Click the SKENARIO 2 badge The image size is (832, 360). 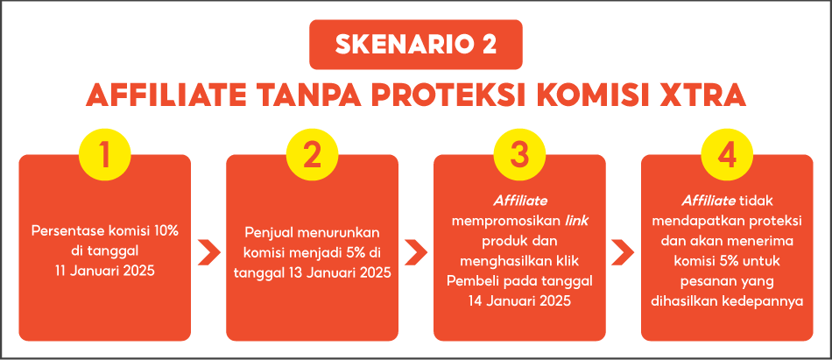coord(416,45)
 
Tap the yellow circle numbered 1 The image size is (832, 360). coord(105,154)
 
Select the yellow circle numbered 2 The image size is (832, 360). coord(312,154)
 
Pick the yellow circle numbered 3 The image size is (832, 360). coord(519,154)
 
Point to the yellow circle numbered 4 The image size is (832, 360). coord(727,154)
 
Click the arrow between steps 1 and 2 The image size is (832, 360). coord(208,252)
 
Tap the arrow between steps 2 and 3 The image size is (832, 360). coord(416,252)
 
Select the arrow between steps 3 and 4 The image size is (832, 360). coord(623,252)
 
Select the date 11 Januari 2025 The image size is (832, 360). coord(104,272)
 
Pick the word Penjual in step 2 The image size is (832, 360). coord(269,233)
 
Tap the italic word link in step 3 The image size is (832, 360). coord(575,220)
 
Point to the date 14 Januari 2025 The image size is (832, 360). coord(519,301)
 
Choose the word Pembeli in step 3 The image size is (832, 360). coord(473,281)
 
